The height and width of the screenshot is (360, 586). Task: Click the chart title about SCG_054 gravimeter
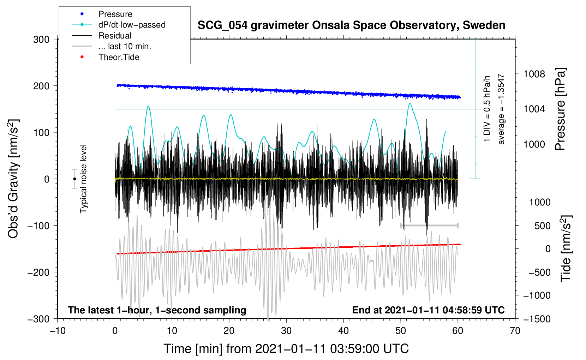tap(351, 25)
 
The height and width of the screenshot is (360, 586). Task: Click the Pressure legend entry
tap(115, 14)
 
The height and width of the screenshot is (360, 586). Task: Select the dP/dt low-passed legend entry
tap(132, 25)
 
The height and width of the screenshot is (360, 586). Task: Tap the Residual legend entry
tap(115, 36)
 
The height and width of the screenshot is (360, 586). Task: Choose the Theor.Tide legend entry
tap(119, 57)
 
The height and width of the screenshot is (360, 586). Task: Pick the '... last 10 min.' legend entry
tap(125, 46)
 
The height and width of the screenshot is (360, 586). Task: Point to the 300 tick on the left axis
tap(41, 40)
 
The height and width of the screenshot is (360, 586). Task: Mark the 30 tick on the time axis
tap(286, 331)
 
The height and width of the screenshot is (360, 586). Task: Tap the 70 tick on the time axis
tap(515, 331)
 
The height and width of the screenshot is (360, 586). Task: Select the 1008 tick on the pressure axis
tap(534, 74)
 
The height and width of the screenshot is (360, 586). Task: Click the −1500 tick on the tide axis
tap(537, 319)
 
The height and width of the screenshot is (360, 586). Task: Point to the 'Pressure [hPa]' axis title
tap(561, 109)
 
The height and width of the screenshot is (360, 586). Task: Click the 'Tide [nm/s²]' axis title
tap(566, 249)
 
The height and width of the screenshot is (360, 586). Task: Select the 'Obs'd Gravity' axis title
tap(13, 179)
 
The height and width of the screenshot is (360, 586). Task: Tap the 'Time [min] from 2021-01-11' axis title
tap(286, 349)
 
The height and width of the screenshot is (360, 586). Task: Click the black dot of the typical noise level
tap(74, 179)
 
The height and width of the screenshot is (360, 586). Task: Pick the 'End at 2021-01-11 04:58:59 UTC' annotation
tap(428, 310)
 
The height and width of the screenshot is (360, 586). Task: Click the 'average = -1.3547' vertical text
tap(501, 109)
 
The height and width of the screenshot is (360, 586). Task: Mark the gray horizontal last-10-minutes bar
tap(429, 225)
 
